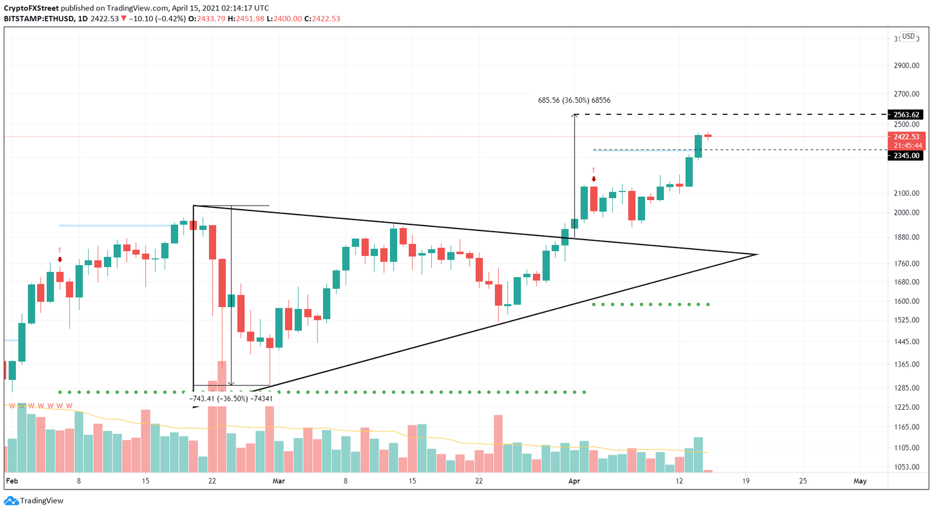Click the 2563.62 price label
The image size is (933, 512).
905,114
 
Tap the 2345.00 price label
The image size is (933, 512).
905,156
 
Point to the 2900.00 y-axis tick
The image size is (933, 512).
906,66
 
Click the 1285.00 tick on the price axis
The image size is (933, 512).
906,388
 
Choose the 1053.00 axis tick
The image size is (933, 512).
906,467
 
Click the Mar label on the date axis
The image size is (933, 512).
279,481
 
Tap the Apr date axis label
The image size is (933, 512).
574,481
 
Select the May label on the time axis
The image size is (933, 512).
860,481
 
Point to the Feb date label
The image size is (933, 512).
12,481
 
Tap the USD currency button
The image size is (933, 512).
908,36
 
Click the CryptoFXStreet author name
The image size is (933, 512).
31,8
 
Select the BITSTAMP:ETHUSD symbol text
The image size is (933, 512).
38,19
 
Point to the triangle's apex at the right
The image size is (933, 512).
757,254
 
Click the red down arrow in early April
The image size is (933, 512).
593,179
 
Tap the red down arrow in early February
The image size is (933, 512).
60,260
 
